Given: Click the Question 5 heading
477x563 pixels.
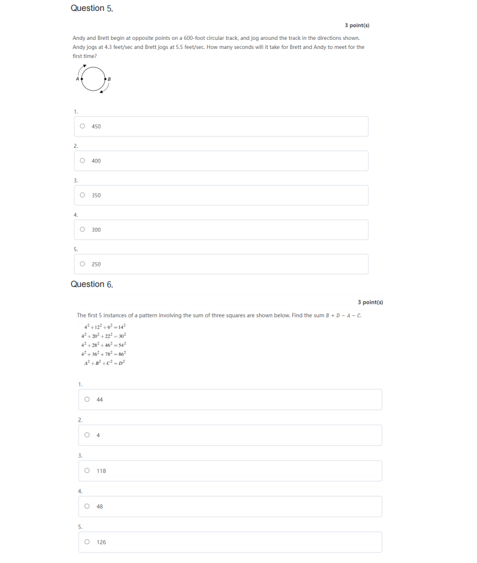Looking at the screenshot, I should click(92, 8).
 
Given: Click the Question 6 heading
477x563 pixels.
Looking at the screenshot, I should click(92, 285).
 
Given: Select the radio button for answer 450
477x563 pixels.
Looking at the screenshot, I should click(82, 126).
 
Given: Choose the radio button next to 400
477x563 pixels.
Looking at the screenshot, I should click(82, 161).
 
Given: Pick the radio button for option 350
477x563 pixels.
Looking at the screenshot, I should click(82, 195).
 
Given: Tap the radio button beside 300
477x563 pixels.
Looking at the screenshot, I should click(82, 230).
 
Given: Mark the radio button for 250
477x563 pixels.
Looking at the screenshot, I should click(82, 264).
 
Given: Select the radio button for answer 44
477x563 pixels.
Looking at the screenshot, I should click(87, 399).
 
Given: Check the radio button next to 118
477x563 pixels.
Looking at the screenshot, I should click(87, 471).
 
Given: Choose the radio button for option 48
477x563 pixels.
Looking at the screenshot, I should click(87, 506).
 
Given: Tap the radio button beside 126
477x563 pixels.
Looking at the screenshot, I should click(87, 542).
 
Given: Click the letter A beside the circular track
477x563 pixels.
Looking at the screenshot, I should click(77, 79).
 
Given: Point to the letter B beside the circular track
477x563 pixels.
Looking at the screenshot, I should click(109, 79).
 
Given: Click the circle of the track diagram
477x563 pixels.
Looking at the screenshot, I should click(93, 79).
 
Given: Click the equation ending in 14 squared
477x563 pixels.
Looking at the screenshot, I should click(105, 326).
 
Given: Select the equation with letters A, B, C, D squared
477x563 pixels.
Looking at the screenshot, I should click(105, 362).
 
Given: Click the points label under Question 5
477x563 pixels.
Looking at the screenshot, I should click(357, 25).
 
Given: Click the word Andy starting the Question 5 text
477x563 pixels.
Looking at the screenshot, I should click(78, 38).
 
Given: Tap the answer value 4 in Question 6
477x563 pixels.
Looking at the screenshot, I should click(98, 435).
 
